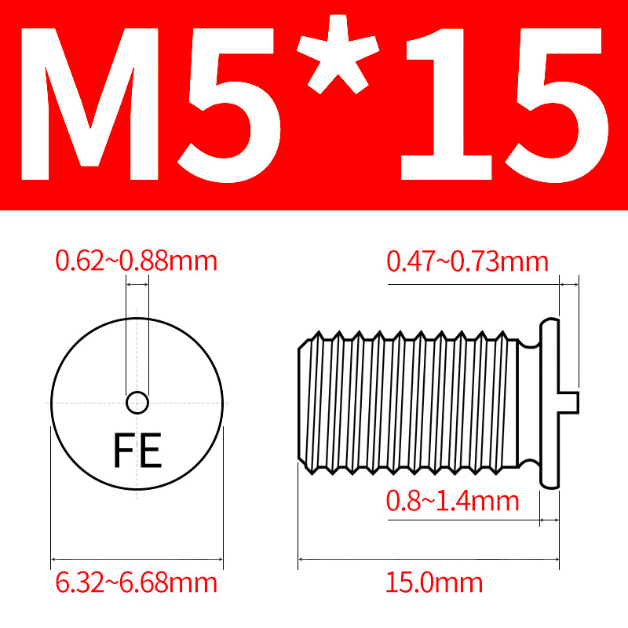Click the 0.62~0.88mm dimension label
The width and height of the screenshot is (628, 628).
[136, 261]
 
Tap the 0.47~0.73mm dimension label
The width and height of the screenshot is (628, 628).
[467, 262]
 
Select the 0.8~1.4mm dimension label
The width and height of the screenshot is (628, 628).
[453, 501]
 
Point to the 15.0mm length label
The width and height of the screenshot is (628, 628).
[434, 582]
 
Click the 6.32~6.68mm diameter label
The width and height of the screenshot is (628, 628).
[136, 582]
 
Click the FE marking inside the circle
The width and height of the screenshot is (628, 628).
[138, 450]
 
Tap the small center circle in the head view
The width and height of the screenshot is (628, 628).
[137, 403]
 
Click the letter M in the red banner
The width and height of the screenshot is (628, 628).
[89, 104]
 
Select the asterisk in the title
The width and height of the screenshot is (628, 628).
[338, 54]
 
